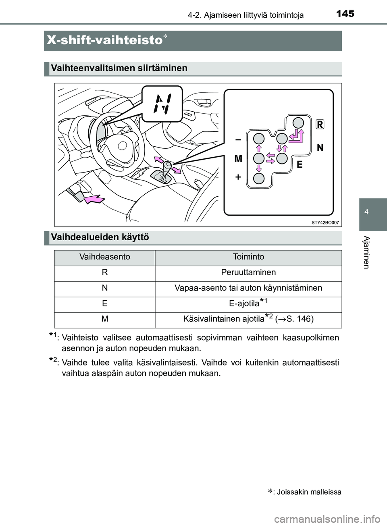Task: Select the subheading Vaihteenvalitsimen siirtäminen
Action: point(119,68)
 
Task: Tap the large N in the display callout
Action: point(164,104)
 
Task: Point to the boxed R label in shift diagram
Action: point(319,124)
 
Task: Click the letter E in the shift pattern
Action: point(300,164)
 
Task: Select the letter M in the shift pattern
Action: point(238,159)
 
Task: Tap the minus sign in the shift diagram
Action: point(238,139)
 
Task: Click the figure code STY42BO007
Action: point(325,222)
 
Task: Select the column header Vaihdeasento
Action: point(105,257)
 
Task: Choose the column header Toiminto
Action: point(248,257)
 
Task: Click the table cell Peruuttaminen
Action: point(248,272)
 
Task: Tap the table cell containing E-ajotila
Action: point(248,304)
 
